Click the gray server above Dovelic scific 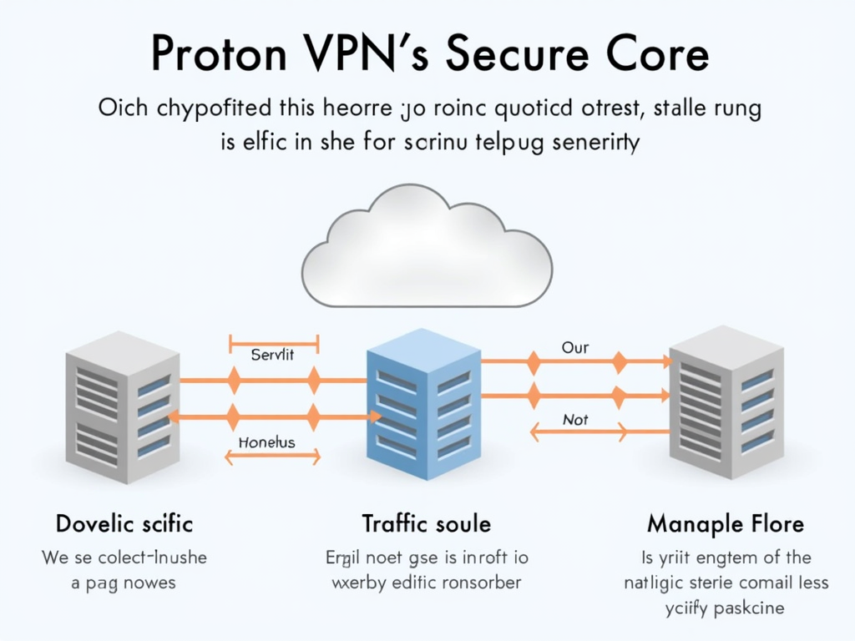coord(122,406)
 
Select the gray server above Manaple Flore coord(726,402)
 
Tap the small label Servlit coord(273,355)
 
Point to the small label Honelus coord(266,442)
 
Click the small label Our coord(575,347)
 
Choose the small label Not coord(575,420)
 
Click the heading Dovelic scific coord(124,524)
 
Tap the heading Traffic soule coord(426,524)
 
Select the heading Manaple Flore coord(726,524)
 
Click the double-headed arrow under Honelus coord(273,457)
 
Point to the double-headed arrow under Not coord(578,432)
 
